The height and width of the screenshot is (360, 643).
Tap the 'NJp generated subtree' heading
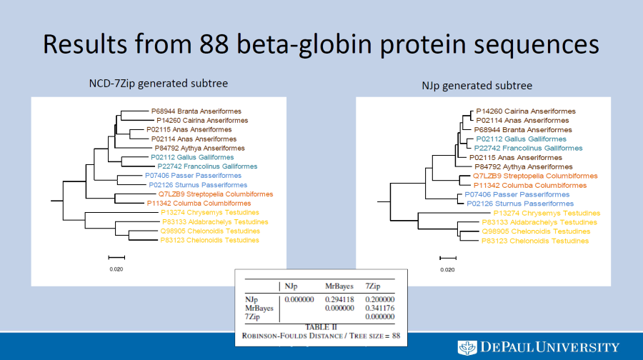tap(477, 86)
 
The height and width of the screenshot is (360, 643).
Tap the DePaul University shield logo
tap(467, 347)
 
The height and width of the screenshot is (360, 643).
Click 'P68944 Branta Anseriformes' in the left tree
tap(196, 111)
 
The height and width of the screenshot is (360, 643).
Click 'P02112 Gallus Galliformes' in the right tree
tap(521, 139)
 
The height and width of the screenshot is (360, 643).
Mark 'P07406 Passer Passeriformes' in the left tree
tap(193, 176)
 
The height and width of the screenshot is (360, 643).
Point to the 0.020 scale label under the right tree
tap(447, 270)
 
